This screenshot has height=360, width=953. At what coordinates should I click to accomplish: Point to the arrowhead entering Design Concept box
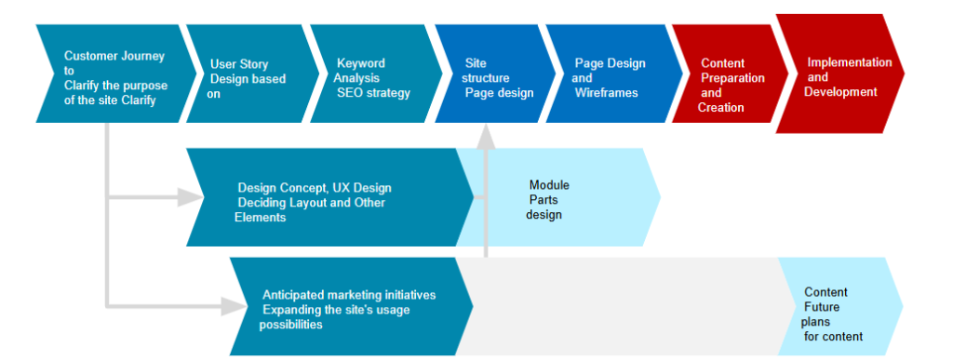194,197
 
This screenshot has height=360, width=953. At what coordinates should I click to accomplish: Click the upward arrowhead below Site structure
485,137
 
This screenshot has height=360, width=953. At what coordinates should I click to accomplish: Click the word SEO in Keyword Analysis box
350,93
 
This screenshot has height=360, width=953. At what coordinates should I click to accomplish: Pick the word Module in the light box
548,185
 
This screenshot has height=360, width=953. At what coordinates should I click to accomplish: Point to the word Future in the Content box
824,307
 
